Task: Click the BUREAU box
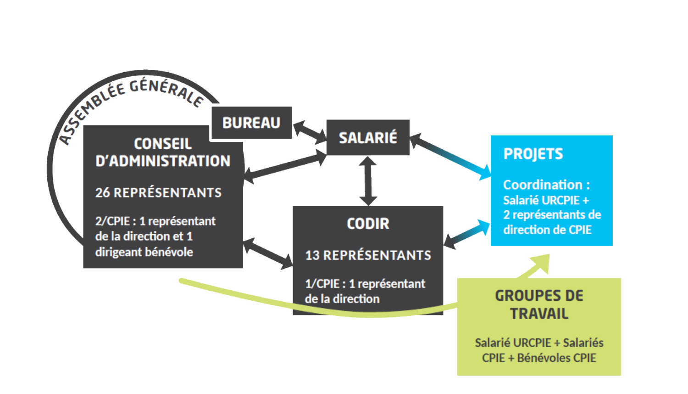(x=251, y=123)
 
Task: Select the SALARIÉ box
(x=368, y=137)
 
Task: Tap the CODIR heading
(x=368, y=224)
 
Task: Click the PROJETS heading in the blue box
(x=533, y=154)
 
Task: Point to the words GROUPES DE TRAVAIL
(x=539, y=304)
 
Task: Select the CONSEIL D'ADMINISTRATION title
(x=163, y=152)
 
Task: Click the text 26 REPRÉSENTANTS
(x=158, y=192)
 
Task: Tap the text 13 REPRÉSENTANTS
(x=368, y=255)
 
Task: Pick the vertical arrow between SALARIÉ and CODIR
(x=368, y=181)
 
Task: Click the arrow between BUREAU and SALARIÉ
(x=310, y=132)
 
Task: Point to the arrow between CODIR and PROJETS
(x=467, y=234)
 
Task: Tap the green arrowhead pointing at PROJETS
(x=541, y=264)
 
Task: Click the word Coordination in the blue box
(x=543, y=185)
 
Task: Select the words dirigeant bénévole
(x=144, y=252)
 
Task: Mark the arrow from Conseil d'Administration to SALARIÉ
(x=285, y=166)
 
